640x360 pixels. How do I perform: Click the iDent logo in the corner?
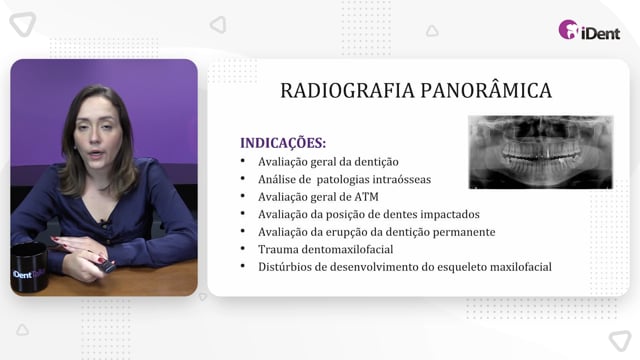589,30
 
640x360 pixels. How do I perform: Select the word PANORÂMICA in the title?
486,90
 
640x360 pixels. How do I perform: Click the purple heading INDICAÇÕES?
283,143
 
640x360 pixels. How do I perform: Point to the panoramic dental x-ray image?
540,152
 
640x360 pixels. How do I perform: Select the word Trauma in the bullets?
277,249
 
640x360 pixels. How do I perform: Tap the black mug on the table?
29,267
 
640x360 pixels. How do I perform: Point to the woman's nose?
96,138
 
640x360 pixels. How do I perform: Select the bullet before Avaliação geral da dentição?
243,161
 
